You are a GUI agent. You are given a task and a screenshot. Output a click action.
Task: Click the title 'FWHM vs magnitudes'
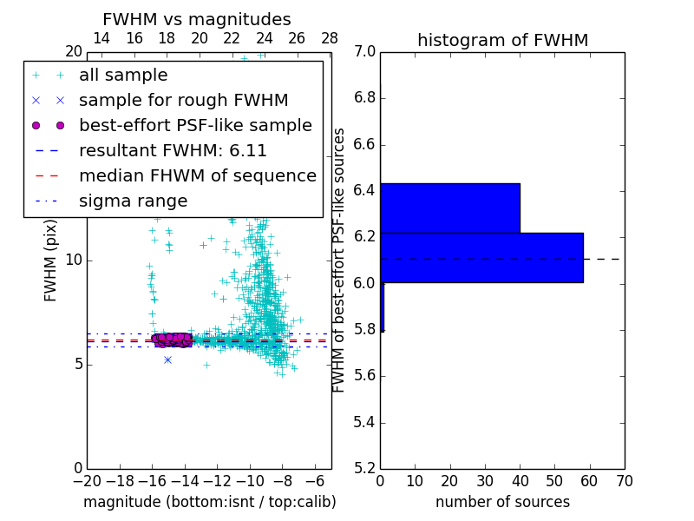coord(197,20)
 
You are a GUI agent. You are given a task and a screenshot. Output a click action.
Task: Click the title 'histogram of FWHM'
coord(502,41)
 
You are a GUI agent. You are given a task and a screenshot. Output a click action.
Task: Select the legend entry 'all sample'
coord(123,76)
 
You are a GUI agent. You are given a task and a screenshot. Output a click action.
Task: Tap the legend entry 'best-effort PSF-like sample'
coord(195,125)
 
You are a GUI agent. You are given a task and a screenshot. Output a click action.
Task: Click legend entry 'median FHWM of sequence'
coord(197,175)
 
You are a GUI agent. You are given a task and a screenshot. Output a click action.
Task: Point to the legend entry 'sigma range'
coord(133,201)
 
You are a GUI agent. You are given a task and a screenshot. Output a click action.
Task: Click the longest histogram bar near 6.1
coord(481,258)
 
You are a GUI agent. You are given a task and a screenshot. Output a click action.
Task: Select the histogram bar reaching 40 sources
coord(449,208)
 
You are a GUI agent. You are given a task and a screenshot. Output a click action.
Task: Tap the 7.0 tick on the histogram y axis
coord(364,52)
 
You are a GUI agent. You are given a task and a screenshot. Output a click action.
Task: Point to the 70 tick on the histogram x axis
coord(624,480)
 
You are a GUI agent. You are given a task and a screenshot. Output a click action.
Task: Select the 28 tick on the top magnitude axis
coord(330,39)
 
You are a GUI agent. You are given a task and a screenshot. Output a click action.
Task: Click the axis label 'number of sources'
coord(502,502)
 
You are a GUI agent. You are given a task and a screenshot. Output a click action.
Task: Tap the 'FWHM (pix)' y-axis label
coord(51,260)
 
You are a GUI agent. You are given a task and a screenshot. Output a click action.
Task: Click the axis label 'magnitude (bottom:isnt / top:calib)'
coord(209,502)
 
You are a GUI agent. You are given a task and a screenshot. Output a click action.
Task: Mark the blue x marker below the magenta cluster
coord(167,359)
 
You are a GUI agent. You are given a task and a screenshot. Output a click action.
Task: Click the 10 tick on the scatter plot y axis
coord(74,260)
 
